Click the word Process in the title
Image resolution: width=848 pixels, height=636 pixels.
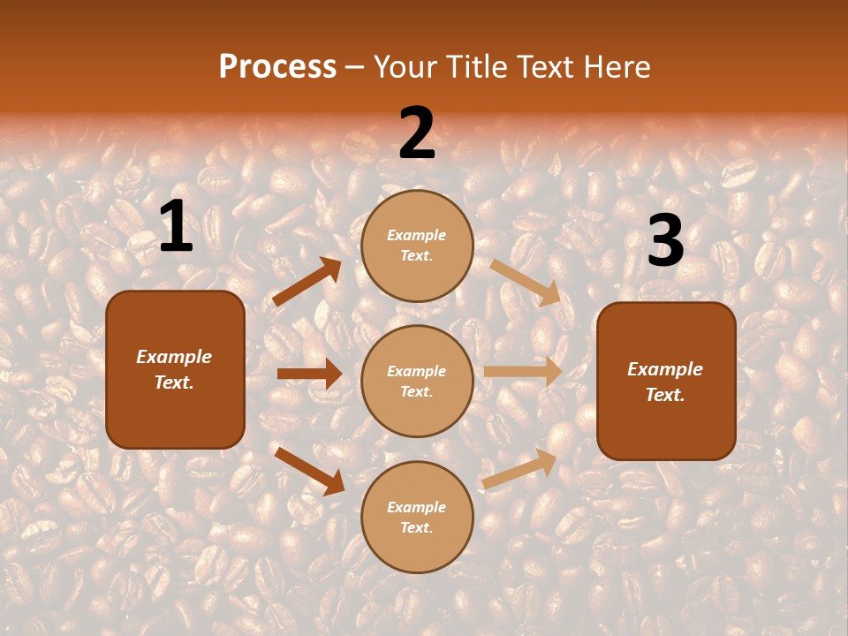[x=277, y=67]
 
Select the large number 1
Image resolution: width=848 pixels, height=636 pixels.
[x=176, y=227]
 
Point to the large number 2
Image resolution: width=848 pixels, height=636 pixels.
[x=417, y=133]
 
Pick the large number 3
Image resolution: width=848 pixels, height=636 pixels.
[x=665, y=241]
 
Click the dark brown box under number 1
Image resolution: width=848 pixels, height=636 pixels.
[x=175, y=369]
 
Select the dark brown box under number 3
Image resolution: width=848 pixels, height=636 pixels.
[x=666, y=381]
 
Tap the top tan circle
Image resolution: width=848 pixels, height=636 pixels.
[x=417, y=246]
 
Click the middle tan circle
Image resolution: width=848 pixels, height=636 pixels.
[x=417, y=381]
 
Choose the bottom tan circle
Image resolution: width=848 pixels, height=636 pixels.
[x=417, y=517]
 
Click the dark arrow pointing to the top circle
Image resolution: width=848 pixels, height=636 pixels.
[x=307, y=282]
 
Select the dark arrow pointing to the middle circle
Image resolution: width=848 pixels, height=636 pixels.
[x=309, y=374]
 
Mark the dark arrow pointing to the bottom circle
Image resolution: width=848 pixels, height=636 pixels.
[x=309, y=470]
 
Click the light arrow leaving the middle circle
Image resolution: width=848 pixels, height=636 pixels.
[x=522, y=372]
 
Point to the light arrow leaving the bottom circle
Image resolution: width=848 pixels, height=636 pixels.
[x=519, y=469]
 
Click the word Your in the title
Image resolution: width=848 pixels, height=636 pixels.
[x=405, y=67]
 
